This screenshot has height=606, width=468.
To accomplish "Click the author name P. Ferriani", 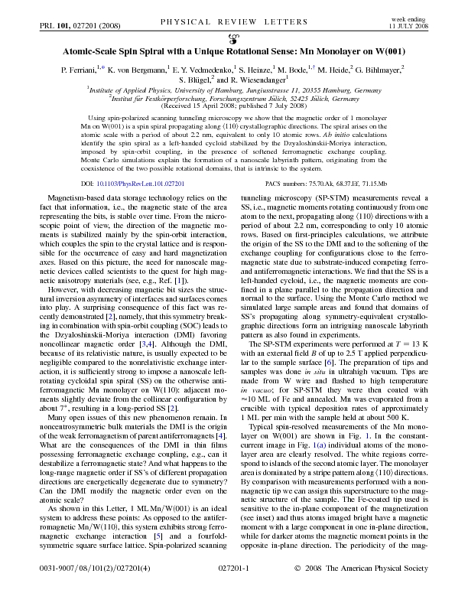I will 83,69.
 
